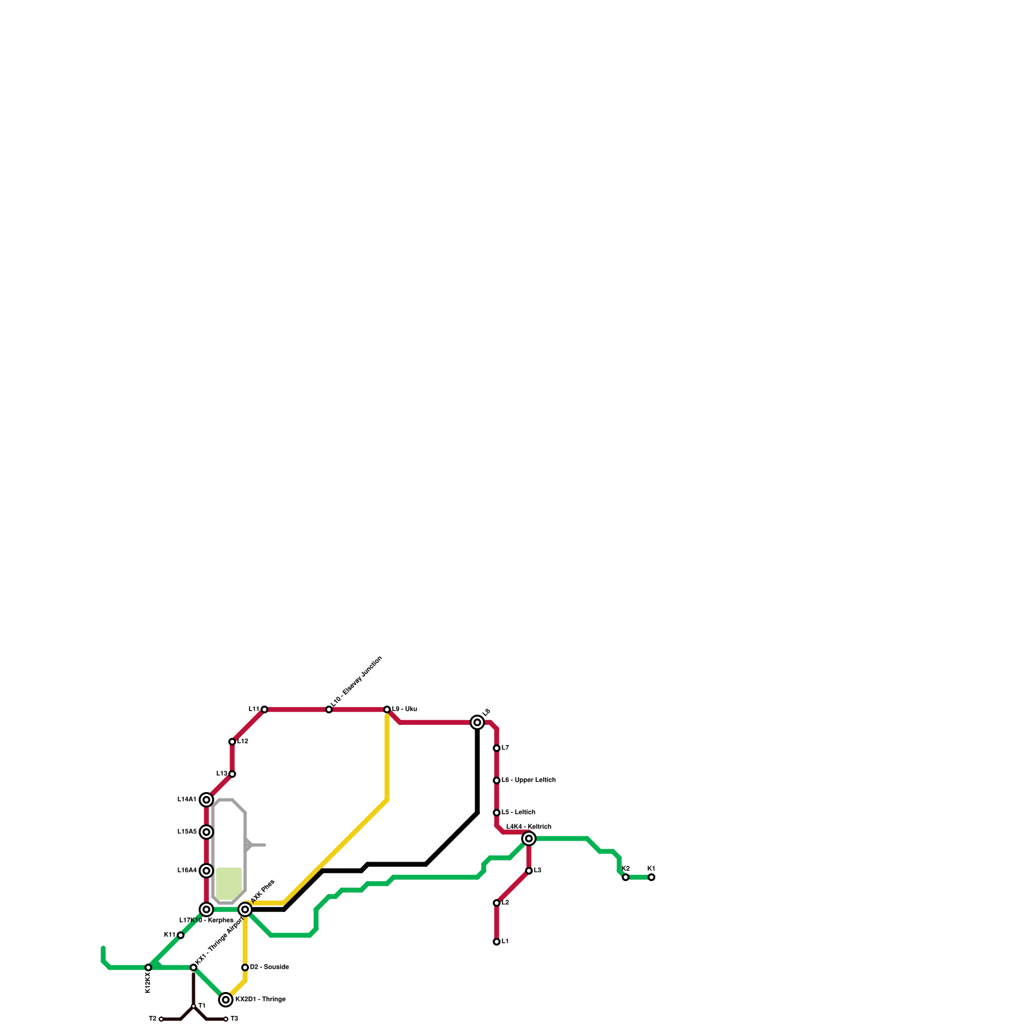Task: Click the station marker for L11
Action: click(x=264, y=709)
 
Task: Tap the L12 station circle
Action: click(x=232, y=742)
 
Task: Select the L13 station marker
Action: click(x=232, y=774)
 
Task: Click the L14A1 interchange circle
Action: click(x=206, y=800)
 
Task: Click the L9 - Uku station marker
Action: click(x=387, y=709)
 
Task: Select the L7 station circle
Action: click(x=497, y=748)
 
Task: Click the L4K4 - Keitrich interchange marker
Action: click(x=529, y=838)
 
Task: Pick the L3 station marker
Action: click(x=529, y=871)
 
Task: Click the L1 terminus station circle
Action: click(x=497, y=942)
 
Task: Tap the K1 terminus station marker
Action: click(x=651, y=877)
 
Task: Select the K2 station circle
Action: click(x=626, y=877)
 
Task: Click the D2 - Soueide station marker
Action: click(x=245, y=967)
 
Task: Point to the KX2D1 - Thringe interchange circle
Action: click(x=226, y=1000)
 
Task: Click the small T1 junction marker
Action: click(x=193, y=1006)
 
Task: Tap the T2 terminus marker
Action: click(x=161, y=1019)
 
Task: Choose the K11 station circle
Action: click(x=181, y=935)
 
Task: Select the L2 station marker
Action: click(x=497, y=903)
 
